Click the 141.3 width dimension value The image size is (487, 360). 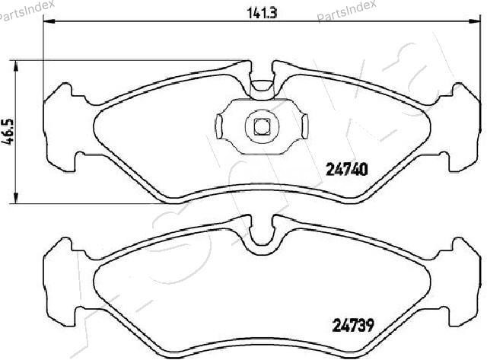(262, 14)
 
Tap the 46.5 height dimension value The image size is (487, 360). (8, 132)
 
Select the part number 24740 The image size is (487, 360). (347, 170)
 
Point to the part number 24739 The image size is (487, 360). (353, 325)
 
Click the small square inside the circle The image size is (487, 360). (262, 127)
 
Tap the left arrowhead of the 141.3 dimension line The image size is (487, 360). (49, 21)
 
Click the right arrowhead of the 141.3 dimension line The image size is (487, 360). (474, 21)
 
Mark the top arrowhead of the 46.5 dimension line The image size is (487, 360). (16, 66)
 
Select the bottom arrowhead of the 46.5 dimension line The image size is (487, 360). (16, 198)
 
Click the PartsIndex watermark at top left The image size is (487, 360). (27, 11)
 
